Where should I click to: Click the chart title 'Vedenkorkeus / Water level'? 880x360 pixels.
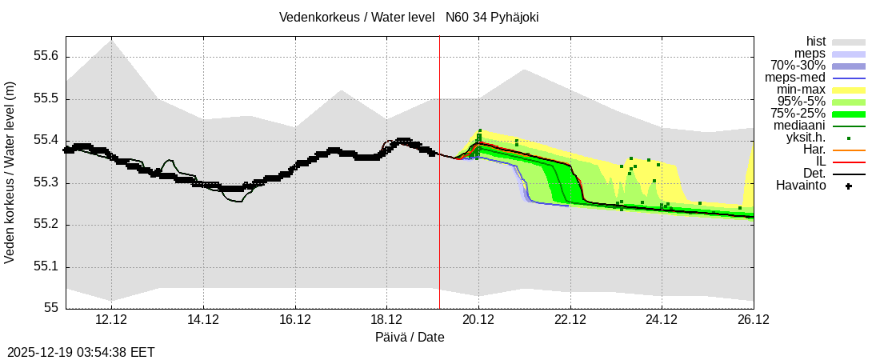[x=357, y=18]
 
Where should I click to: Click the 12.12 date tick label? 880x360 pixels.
[x=111, y=320]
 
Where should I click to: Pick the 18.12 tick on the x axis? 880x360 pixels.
[x=387, y=320]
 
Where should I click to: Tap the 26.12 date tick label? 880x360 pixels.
[x=754, y=320]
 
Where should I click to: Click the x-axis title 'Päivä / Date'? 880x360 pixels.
[x=410, y=337]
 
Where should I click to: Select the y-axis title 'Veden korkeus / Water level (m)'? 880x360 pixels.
[x=10, y=173]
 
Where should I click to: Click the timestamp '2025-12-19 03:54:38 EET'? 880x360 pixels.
[x=81, y=352]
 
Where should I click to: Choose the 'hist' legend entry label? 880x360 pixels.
[x=815, y=42]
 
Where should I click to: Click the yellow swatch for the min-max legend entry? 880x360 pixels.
[x=849, y=90]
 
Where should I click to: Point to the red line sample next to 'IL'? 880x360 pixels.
[x=849, y=162]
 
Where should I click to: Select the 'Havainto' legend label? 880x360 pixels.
[x=801, y=186]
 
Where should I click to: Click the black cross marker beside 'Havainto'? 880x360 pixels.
[x=849, y=186]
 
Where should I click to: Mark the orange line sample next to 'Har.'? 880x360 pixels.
[x=849, y=150]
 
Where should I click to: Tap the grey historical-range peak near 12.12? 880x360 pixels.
[x=111, y=41]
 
